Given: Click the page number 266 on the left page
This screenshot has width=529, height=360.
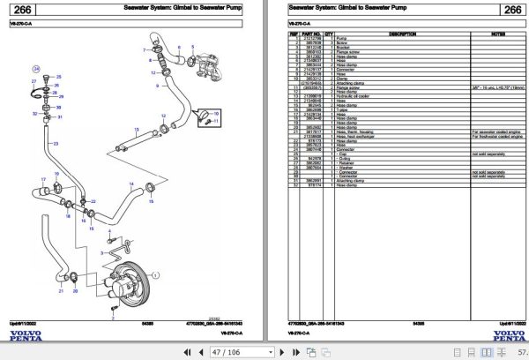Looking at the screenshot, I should click(24, 11).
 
